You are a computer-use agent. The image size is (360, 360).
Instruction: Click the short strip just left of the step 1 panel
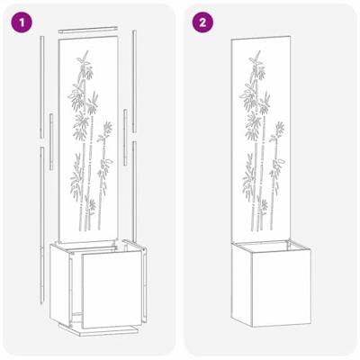(52, 139)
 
